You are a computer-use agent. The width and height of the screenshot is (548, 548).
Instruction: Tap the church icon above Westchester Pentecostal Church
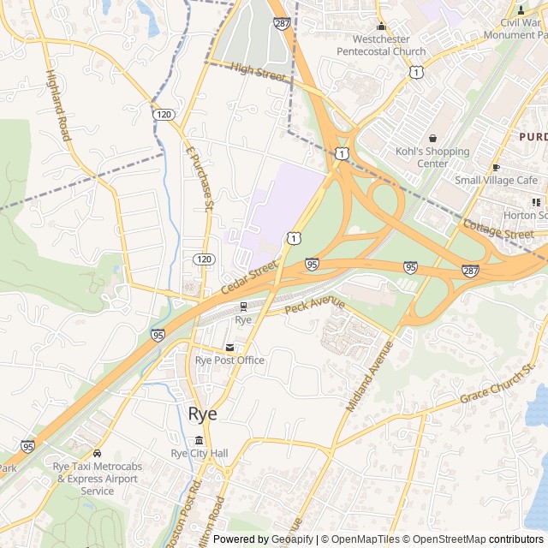point(382,27)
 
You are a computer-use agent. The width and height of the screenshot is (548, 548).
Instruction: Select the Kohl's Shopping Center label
point(432,158)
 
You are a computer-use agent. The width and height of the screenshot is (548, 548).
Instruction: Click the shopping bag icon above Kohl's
point(432,139)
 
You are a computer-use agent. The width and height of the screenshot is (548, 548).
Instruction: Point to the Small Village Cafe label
point(497,180)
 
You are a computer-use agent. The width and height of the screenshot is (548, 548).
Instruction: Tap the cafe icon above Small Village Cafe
point(496,167)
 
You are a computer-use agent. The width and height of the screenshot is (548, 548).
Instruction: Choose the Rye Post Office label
point(229,360)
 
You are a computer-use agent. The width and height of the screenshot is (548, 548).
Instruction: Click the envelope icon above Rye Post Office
point(229,348)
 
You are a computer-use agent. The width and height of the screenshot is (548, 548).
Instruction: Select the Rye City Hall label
point(200,453)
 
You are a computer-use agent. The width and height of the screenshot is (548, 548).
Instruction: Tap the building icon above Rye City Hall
point(200,440)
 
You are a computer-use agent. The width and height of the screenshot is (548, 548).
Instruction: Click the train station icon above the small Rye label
point(243,306)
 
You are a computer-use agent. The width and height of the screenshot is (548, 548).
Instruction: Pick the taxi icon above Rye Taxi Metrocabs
point(97,453)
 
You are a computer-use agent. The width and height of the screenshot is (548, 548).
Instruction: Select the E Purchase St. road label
point(199,176)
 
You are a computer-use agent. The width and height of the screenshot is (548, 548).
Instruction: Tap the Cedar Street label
point(249,278)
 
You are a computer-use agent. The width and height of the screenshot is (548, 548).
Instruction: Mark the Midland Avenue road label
point(369,377)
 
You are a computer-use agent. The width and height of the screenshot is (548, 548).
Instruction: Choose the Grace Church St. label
point(497,383)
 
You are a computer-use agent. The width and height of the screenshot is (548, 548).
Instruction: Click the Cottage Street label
point(497,229)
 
